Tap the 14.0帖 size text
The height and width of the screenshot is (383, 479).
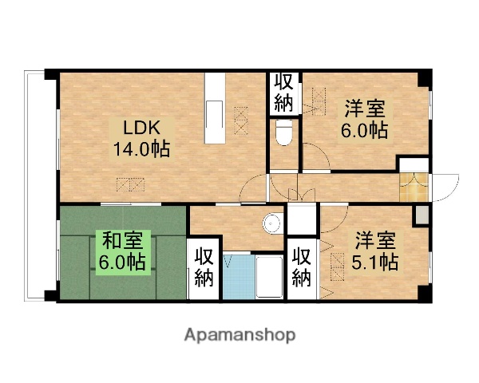pyautogui.click(x=141, y=148)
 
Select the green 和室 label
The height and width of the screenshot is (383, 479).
pyautogui.click(x=121, y=239)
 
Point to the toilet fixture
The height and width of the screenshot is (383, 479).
pyautogui.click(x=283, y=133)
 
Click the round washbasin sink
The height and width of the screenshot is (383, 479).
pyautogui.click(x=272, y=223)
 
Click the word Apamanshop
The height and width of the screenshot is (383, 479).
pyautogui.click(x=239, y=334)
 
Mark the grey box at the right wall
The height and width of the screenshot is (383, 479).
pyautogui.click(x=422, y=213)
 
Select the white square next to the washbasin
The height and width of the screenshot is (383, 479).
pyautogui.click(x=301, y=219)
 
